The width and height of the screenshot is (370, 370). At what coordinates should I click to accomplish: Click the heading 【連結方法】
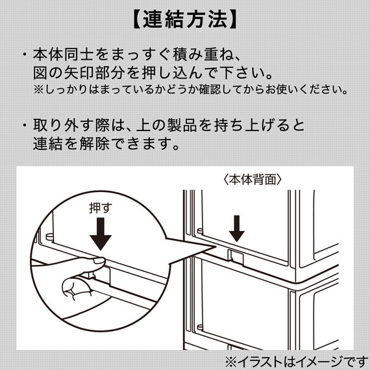pyautogui.click(x=184, y=19)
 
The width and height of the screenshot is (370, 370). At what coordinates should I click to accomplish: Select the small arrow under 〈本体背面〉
pyautogui.click(x=237, y=227)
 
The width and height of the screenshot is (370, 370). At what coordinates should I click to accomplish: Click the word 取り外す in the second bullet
pyautogui.click(x=59, y=125)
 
